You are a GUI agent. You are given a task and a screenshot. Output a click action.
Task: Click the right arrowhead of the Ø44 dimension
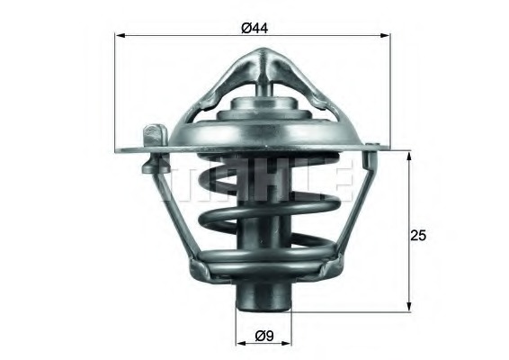coord(395,36)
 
